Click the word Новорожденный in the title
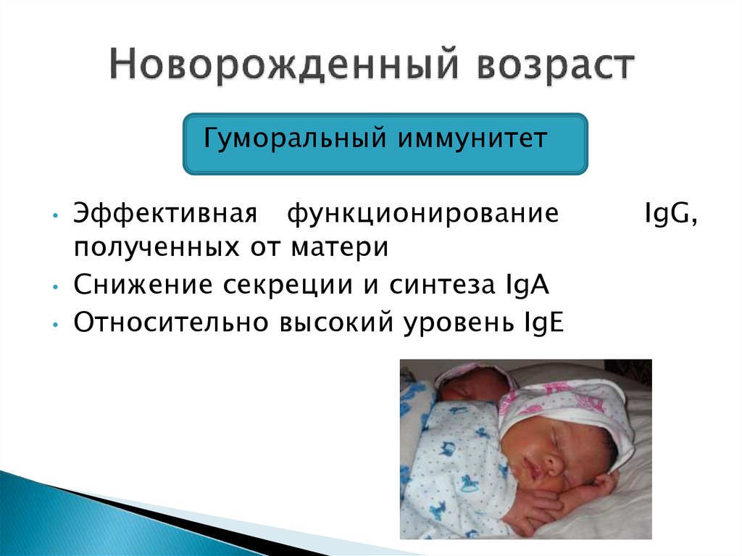[284, 64]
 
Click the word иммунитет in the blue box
[472, 138]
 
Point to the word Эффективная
[166, 212]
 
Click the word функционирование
[423, 214]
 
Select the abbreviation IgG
[671, 214]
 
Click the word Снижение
[143, 285]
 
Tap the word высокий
[336, 323]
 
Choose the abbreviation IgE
[543, 323]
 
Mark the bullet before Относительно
[56, 325]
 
